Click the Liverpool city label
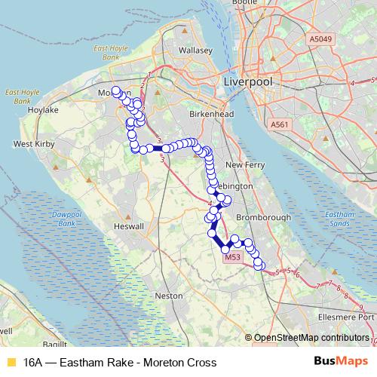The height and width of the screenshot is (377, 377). (x=247, y=80)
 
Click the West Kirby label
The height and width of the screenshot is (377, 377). (x=32, y=143)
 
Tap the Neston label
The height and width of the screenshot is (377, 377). (x=167, y=296)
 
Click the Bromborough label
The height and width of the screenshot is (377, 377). (x=264, y=216)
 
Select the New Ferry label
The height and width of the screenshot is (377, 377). (x=243, y=164)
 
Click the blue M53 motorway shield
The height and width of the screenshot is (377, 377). (x=233, y=257)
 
